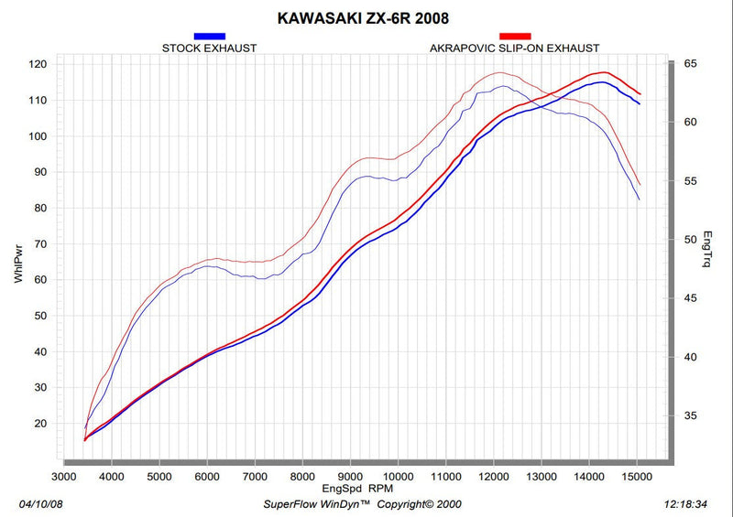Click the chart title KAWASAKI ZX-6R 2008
(363, 18)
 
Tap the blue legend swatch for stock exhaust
(210, 36)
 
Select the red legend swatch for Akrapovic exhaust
(515, 36)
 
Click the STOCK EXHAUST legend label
(210, 48)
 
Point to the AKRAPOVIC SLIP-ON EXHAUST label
(515, 48)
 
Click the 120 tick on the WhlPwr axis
(38, 64)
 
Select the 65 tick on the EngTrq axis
(691, 63)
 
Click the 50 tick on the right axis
(691, 240)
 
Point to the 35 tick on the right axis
(691, 415)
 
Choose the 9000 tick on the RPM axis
(350, 477)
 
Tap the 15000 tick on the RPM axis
(637, 477)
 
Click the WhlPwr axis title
(18, 264)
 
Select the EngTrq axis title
(707, 249)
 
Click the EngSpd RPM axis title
(357, 489)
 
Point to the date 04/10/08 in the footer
(40, 504)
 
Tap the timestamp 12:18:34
(685, 504)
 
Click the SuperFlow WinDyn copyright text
(362, 504)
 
